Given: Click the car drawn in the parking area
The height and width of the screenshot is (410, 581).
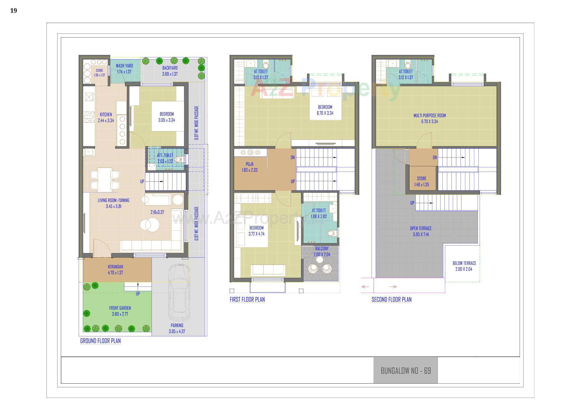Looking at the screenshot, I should point(179,292).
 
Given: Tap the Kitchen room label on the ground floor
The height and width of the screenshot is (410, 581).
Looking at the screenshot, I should point(106,115).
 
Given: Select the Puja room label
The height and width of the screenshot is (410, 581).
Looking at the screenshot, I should point(250,164).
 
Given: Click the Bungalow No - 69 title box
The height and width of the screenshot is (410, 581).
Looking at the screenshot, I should point(405,371).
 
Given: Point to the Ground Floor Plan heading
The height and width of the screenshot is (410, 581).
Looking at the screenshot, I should point(100,341).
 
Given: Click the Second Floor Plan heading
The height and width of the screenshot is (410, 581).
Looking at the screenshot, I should point(392,300).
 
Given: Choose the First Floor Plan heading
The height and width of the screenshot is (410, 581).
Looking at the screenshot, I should point(247,300).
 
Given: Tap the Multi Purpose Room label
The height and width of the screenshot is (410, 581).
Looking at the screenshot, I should point(429,116).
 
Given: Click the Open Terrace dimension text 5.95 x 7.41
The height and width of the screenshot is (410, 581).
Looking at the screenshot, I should point(421,235).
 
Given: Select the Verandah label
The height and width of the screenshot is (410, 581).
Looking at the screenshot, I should point(115,267).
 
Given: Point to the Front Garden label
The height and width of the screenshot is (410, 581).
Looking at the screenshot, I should point(120,308).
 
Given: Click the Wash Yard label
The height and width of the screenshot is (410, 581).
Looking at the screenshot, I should point(124,66).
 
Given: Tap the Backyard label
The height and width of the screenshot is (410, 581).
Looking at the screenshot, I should point(170,68).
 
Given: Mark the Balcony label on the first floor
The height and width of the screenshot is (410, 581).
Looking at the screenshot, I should point(322,249).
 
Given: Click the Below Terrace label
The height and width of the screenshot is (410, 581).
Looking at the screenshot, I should point(464,263).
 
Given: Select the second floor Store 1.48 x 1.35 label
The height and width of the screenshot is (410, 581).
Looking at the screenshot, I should point(422,182).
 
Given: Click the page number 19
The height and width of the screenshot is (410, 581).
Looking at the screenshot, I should point(14,11).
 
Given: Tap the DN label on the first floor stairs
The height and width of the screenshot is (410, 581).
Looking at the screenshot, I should point(293,158).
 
